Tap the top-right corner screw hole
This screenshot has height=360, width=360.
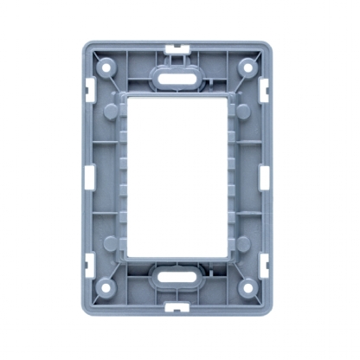247,66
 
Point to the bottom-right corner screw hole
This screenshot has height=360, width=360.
247,287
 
